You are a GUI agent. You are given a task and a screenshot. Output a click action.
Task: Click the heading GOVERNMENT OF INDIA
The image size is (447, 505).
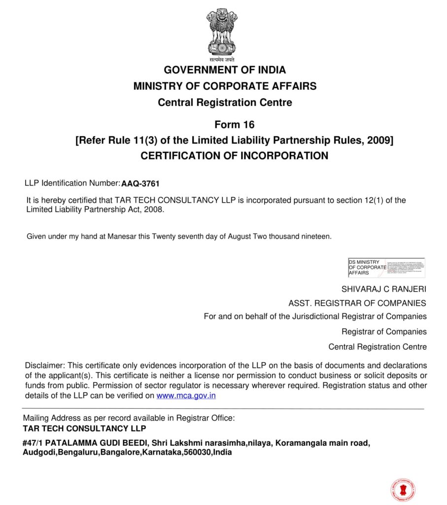225,70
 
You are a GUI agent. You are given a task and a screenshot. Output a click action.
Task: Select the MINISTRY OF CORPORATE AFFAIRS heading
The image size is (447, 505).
225,86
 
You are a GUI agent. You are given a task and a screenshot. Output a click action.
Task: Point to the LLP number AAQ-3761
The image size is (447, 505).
140,184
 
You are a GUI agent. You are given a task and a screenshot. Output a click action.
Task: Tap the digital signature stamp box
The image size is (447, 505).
386,267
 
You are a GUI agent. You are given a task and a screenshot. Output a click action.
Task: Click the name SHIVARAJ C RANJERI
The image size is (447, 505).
384,289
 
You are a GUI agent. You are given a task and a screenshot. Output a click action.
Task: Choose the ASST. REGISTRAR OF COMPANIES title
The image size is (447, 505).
357,303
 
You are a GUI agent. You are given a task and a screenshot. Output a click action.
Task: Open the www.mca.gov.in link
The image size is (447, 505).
186,396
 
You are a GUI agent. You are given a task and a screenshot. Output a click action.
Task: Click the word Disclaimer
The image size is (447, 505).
44,365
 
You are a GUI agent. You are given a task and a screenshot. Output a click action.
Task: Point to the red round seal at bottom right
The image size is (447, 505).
403,490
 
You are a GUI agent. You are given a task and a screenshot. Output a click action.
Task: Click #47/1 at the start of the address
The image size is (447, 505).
33,443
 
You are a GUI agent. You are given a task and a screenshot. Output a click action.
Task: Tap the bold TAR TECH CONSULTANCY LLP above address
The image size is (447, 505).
84,429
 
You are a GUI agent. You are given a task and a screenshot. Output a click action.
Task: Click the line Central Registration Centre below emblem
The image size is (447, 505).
225,103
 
